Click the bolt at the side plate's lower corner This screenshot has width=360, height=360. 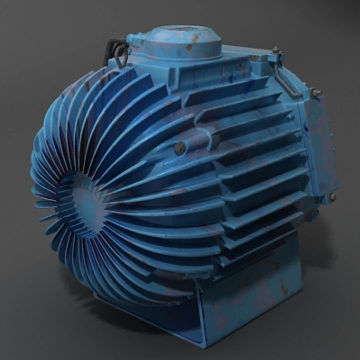coord(332,197)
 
